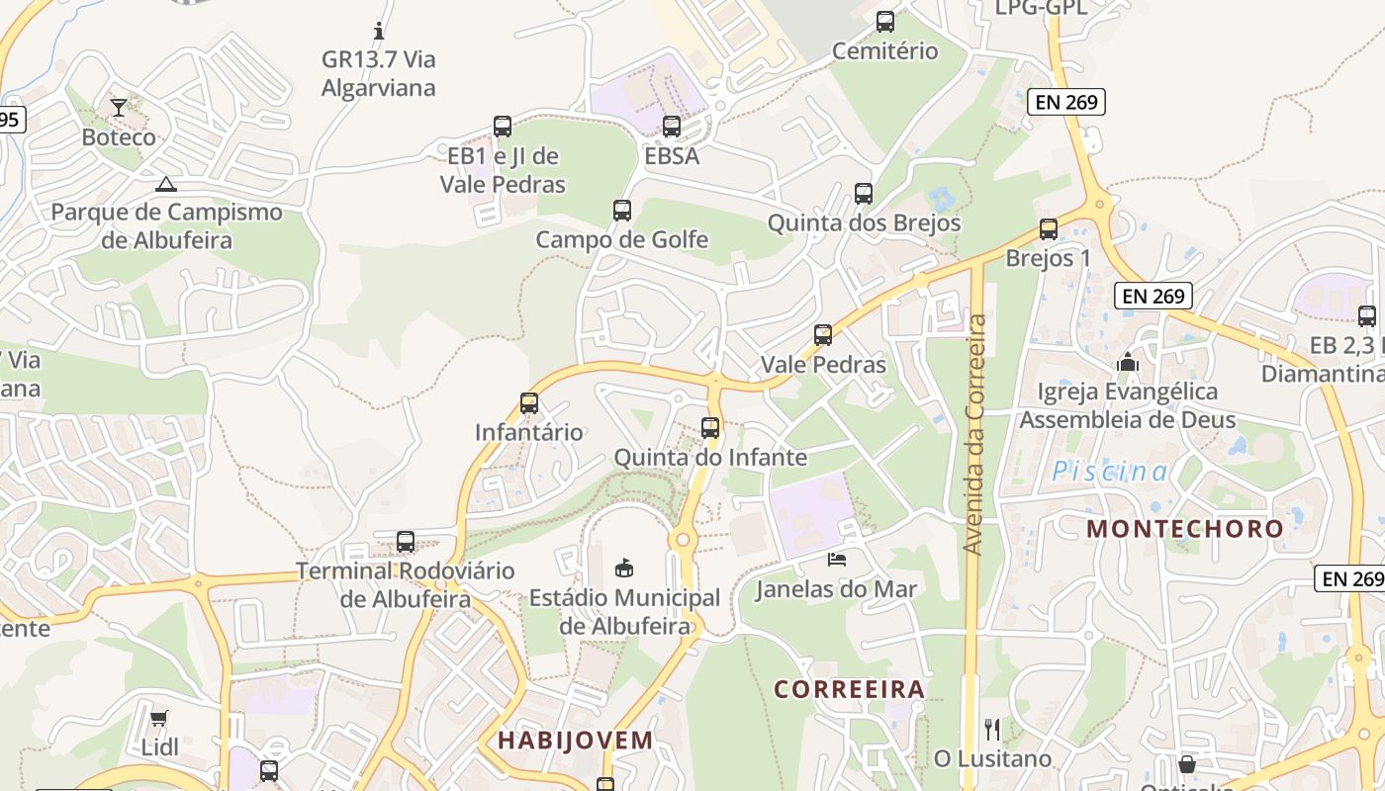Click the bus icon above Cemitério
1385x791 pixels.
pos(885,22)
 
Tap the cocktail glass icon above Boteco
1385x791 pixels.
pos(119,107)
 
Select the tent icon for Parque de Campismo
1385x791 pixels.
pos(166,184)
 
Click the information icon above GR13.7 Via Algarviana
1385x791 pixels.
pos(378,31)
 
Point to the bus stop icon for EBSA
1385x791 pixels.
pos(672,127)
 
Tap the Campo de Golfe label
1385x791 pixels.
pos(621,239)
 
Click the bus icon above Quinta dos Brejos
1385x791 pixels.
pos(864,194)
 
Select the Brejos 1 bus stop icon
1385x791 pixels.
pos(1049,229)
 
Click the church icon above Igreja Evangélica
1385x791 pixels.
pos(1127,363)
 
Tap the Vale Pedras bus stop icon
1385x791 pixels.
pos(823,335)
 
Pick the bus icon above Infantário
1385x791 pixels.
pos(529,403)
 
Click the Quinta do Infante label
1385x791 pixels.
pos(710,457)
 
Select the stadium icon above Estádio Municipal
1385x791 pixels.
pos(624,569)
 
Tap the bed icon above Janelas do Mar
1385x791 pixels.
pos(837,560)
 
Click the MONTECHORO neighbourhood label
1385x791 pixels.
pos(1185,528)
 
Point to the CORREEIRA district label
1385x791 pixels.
pos(849,689)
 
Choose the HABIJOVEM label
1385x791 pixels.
pos(575,740)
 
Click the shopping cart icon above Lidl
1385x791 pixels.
pos(159,718)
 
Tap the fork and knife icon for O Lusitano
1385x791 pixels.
pos(992,730)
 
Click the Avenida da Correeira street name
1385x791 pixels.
pos(974,434)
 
